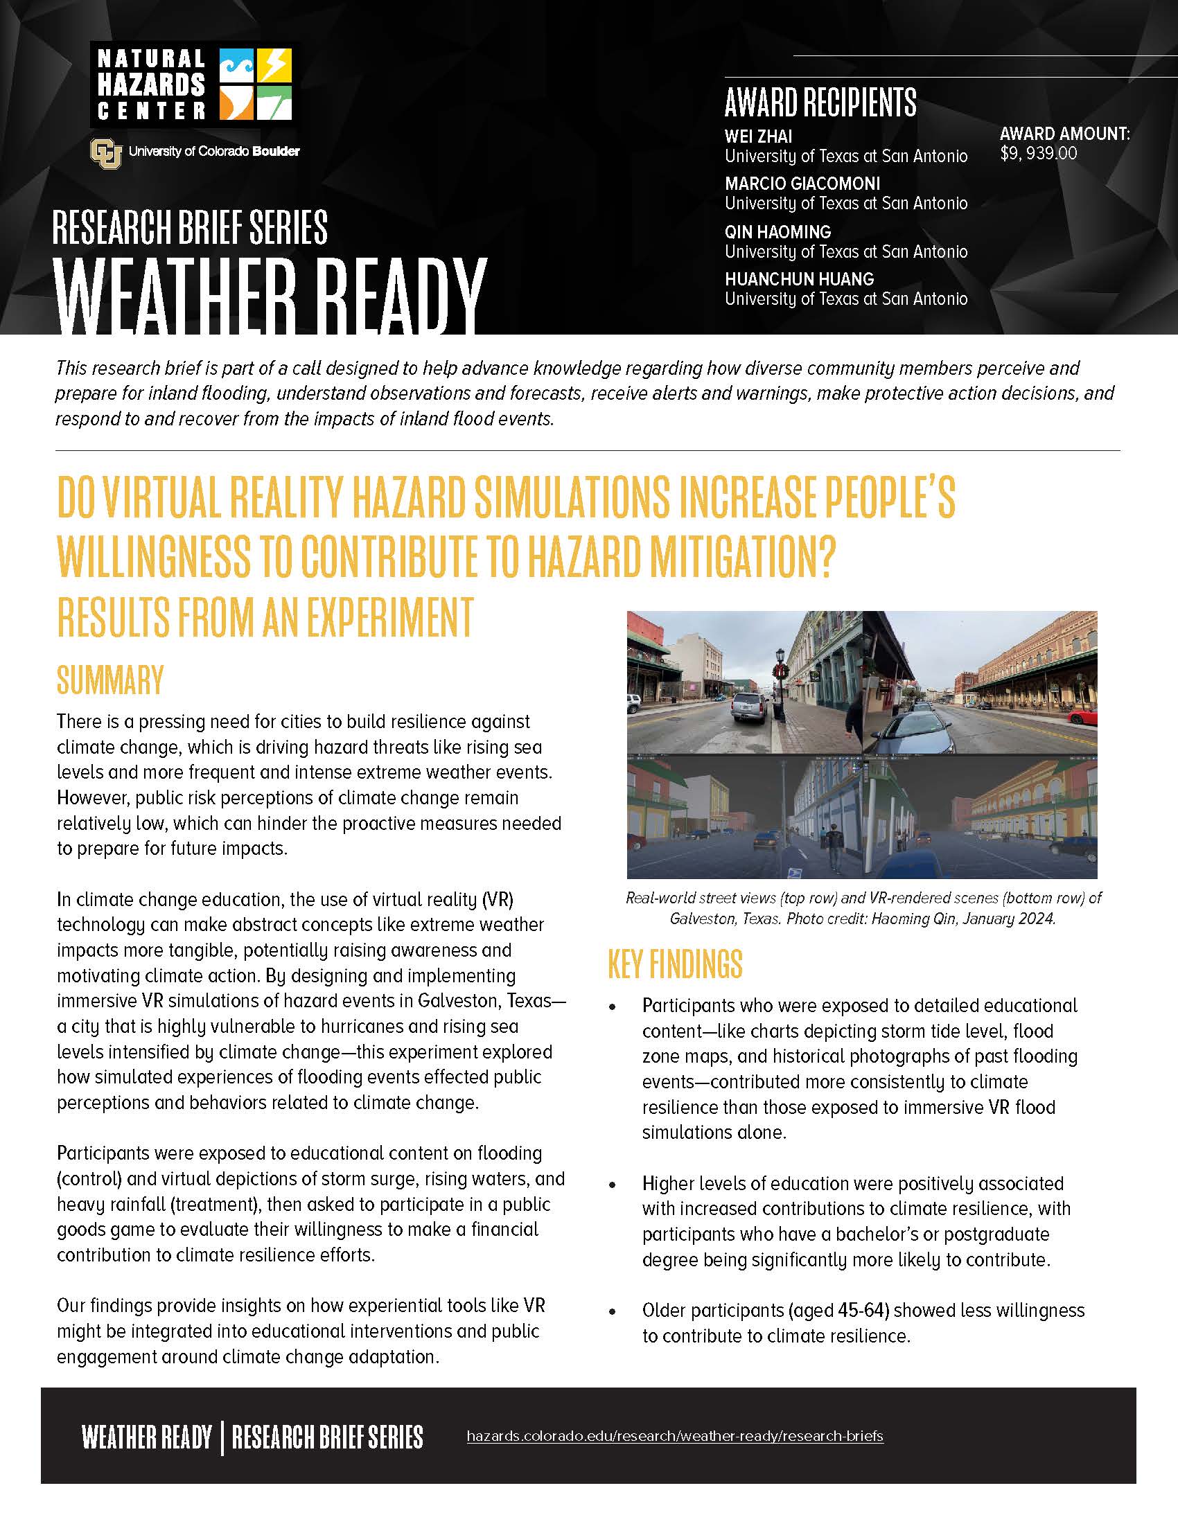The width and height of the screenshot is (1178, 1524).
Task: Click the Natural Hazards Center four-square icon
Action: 256,85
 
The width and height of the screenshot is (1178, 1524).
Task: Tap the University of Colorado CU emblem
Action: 105,152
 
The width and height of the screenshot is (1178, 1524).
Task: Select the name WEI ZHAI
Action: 758,136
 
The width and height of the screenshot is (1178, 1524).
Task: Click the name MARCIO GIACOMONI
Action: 802,184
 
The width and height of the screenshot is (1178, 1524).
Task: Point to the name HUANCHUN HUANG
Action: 799,279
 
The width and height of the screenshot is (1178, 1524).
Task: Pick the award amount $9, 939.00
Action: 1039,154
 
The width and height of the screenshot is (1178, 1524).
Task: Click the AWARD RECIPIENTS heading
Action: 820,103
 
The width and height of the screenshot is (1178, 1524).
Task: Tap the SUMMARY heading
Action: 110,680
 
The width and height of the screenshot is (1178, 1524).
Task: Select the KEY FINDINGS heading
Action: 675,964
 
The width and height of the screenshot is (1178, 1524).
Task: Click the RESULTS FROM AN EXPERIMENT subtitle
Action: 265,617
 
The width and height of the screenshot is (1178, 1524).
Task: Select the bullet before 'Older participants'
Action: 613,1312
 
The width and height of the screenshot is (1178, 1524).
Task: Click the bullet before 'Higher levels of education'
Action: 613,1185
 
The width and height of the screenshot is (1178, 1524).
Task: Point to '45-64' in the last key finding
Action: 864,1311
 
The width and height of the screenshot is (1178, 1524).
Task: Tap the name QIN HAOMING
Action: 777,231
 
